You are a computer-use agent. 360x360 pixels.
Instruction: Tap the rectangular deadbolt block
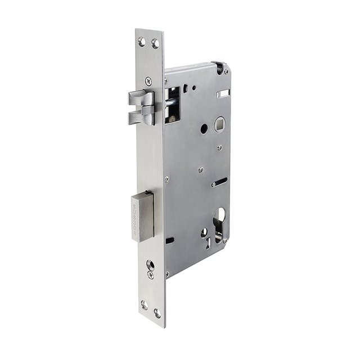pos(143,215)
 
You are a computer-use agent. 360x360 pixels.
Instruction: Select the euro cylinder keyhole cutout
pos(219,223)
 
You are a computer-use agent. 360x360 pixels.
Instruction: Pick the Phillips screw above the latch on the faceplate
pos(148,81)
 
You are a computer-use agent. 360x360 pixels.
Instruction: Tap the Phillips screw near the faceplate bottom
pos(151,275)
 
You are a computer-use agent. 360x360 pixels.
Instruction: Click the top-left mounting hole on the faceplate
pos(142,41)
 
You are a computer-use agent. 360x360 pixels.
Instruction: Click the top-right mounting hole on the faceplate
pos(155,43)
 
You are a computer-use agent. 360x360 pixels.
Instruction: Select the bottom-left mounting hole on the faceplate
pos(145,305)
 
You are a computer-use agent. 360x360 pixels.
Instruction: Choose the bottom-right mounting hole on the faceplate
pos(157,312)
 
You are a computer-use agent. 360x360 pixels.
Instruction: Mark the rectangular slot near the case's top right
pos(223,93)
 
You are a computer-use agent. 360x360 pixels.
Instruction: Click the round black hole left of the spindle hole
pos(204,129)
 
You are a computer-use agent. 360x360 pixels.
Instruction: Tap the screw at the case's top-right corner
pos(226,71)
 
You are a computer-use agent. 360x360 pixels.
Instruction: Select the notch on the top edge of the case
pos(216,65)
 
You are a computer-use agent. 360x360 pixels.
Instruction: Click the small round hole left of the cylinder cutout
pos(204,232)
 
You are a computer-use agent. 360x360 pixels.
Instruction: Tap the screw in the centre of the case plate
pos(200,169)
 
